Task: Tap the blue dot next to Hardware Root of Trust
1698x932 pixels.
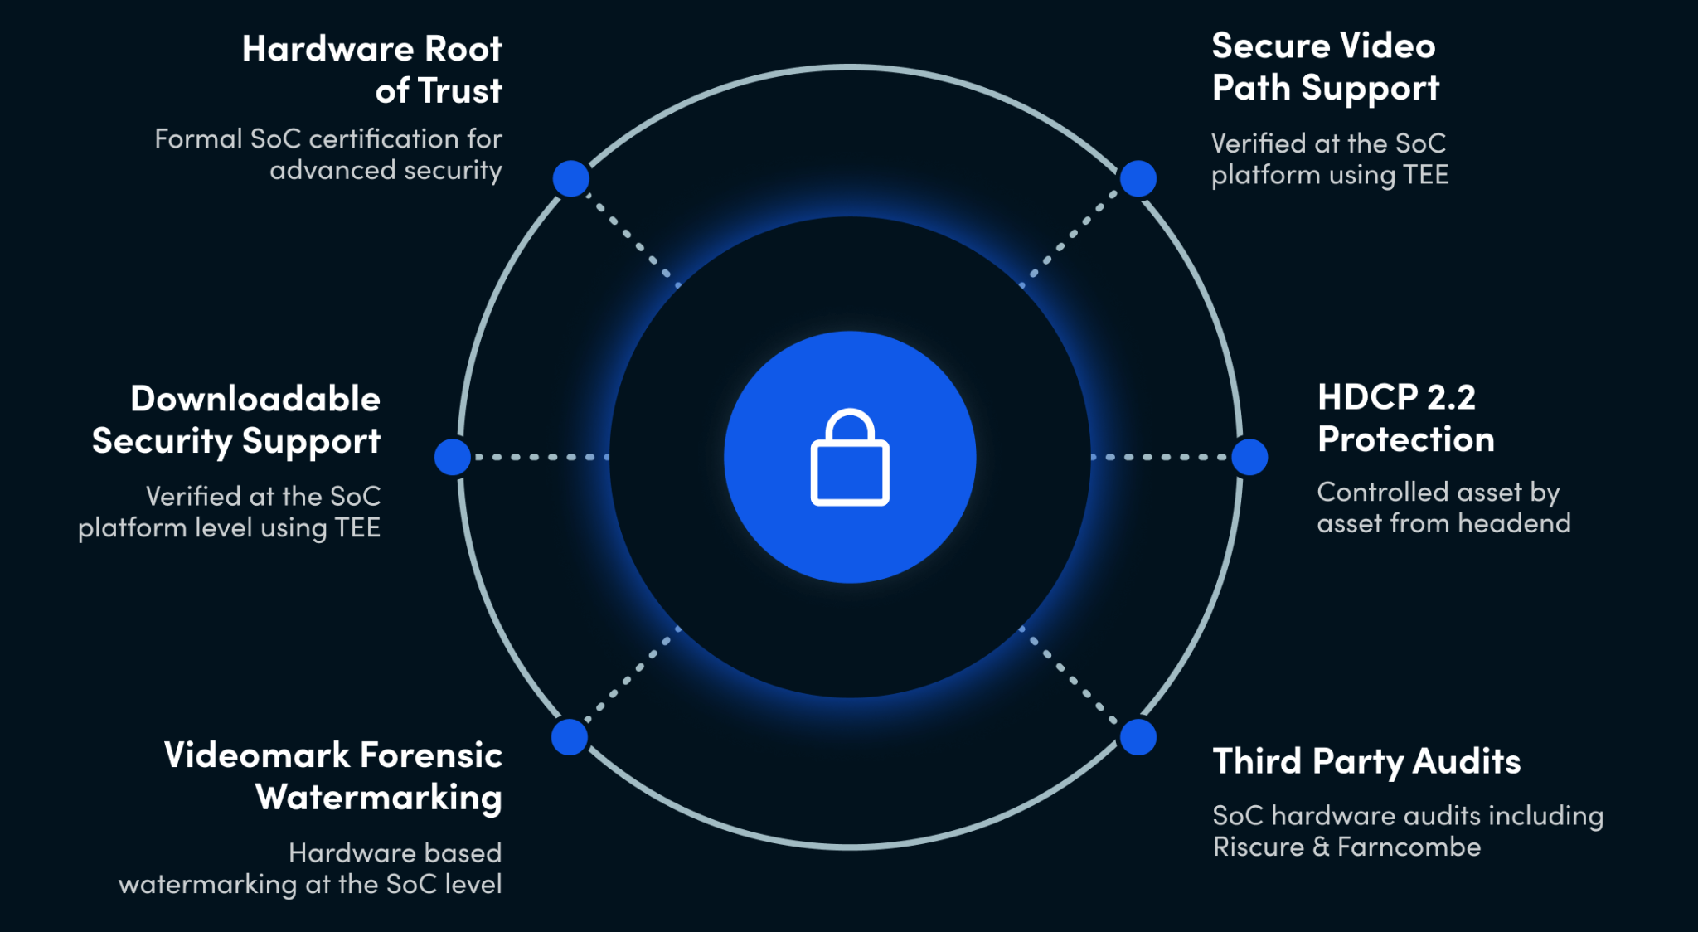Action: point(571,179)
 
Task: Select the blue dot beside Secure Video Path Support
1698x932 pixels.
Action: point(1138,178)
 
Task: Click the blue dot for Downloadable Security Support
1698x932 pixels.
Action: point(453,457)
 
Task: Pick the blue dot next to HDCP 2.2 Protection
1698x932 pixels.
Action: point(1249,457)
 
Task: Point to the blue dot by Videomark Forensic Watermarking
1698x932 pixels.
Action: point(570,737)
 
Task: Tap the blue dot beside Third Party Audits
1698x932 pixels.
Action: point(1138,737)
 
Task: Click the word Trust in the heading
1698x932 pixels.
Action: point(458,90)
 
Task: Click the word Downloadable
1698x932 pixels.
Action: point(255,399)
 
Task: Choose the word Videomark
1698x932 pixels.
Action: point(257,755)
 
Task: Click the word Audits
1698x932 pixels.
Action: point(1467,761)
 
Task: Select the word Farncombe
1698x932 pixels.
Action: point(1409,847)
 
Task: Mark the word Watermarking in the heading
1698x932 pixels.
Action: point(379,798)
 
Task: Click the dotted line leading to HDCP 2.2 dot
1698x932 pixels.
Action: point(1161,457)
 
